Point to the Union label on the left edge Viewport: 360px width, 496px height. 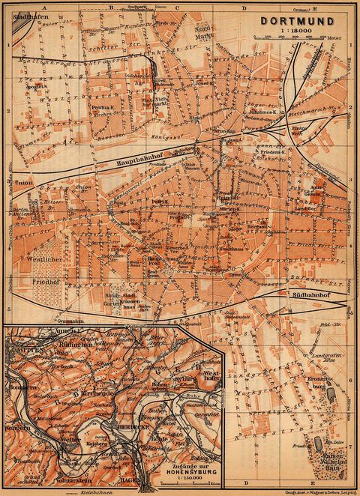[22, 182]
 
